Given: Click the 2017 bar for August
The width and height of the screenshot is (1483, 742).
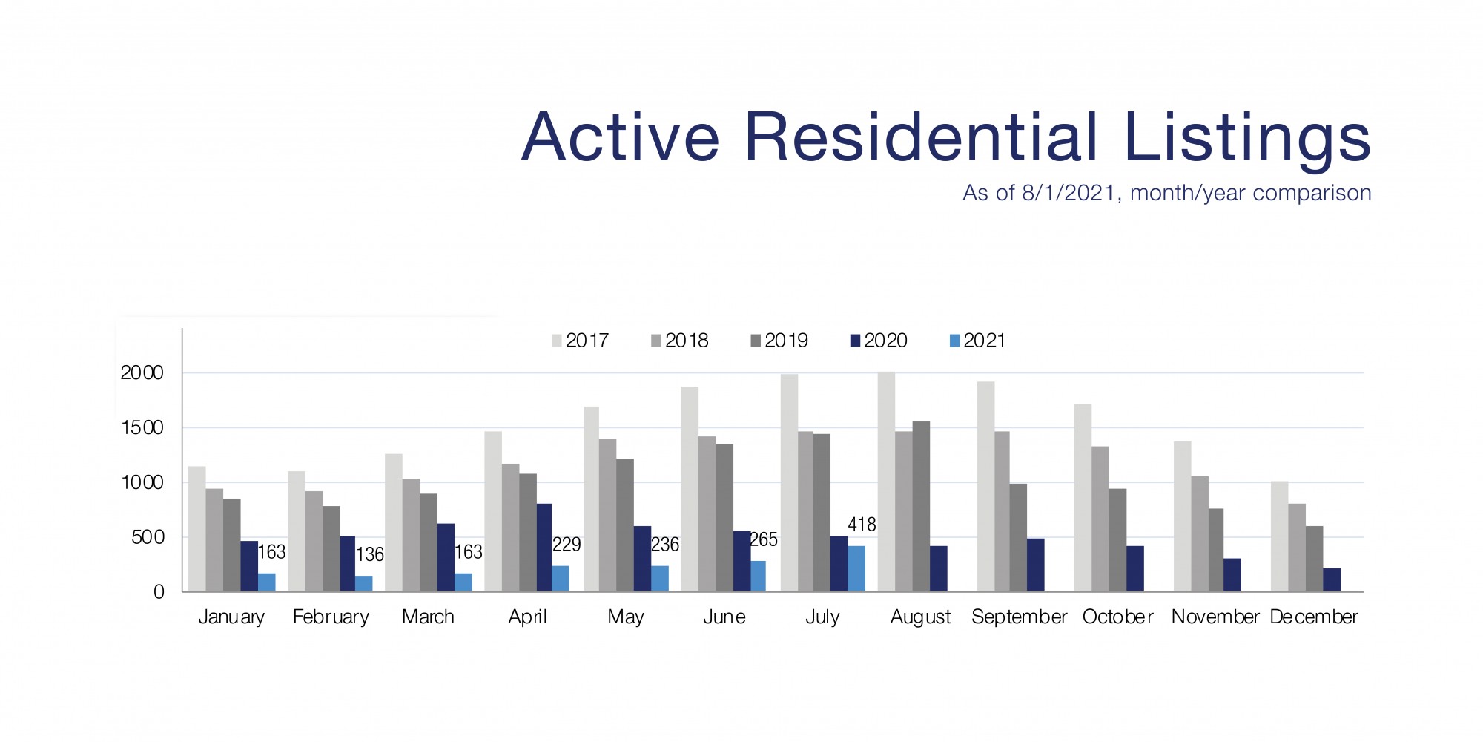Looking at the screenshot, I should [x=886, y=482].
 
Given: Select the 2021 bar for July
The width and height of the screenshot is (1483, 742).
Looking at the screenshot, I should [x=856, y=569].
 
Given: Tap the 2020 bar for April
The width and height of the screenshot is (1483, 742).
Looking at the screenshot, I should [x=543, y=548].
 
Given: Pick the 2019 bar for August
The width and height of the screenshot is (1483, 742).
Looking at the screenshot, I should [x=921, y=507].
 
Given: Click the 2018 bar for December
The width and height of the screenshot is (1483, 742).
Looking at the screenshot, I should [x=1297, y=548].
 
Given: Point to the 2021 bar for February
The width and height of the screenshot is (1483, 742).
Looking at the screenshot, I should [x=363, y=583].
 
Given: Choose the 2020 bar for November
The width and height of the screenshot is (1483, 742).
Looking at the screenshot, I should [x=1232, y=575].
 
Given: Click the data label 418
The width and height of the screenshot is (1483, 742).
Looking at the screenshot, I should [x=862, y=525].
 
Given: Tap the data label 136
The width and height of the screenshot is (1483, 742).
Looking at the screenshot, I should [x=370, y=554].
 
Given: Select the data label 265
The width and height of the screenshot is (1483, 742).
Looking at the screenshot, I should [x=764, y=539].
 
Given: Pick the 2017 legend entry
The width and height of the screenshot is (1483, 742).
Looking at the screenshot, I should [x=580, y=341].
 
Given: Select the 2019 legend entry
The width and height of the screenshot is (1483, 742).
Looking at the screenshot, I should [x=779, y=341].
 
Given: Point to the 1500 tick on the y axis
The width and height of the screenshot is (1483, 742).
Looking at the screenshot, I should [x=142, y=428].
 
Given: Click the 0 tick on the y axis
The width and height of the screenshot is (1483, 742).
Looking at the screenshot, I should [x=159, y=592].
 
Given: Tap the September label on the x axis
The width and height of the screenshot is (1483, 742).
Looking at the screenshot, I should [x=1019, y=617].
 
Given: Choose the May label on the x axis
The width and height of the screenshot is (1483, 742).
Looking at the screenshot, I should [x=625, y=617].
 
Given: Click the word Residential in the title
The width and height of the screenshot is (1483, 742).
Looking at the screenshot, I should [x=919, y=137].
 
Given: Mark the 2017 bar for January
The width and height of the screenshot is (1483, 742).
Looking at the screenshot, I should [x=196, y=529].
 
